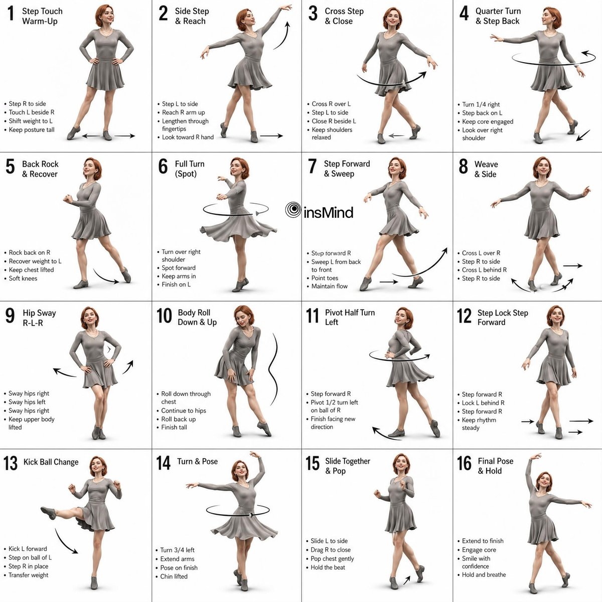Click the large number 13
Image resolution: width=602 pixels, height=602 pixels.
tap(11, 464)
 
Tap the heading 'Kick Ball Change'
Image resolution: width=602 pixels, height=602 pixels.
tap(51, 462)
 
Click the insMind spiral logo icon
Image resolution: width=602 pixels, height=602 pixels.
tap(293, 210)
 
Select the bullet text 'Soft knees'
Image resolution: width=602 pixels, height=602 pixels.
tap(23, 278)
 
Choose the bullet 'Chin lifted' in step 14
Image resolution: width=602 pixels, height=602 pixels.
tap(174, 576)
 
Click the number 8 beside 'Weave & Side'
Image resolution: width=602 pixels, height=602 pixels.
tap(464, 166)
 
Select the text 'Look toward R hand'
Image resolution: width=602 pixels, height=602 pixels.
tap(188, 137)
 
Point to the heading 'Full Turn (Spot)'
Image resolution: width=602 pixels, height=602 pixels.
tap(190, 169)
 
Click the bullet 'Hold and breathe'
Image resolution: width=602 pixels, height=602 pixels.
tap(484, 574)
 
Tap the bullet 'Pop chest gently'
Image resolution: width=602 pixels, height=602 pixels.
tap(332, 558)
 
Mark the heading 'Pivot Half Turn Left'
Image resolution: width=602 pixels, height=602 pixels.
tap(350, 318)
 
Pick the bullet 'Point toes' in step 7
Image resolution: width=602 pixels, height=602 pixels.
tap(325, 278)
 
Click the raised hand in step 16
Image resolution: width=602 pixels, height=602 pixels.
tap(536, 457)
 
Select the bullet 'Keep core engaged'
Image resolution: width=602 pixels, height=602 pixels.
tap(488, 121)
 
